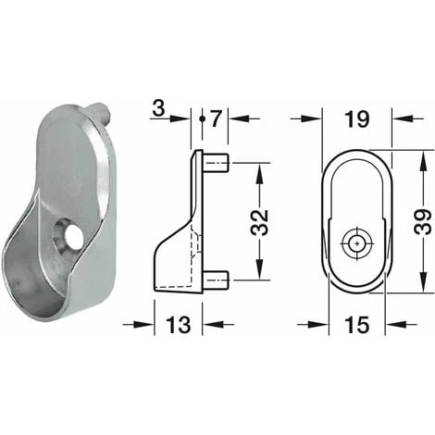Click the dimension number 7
217,118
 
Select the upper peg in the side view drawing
219,165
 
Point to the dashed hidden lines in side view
194,250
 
